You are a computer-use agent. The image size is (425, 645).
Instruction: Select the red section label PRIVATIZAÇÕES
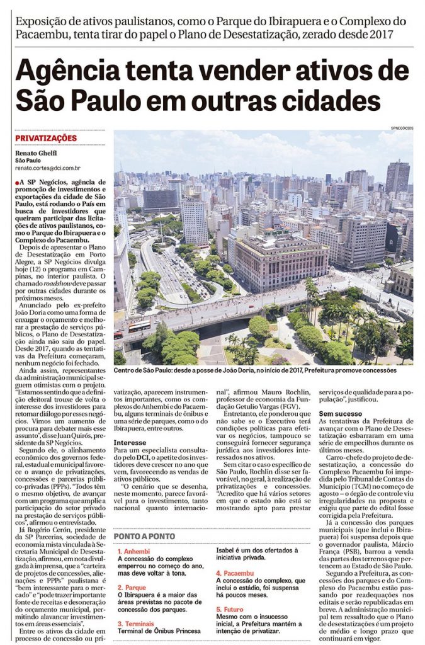[45, 139]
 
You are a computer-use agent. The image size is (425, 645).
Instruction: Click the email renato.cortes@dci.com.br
[48, 168]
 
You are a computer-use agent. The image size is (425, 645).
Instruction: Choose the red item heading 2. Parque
[131, 587]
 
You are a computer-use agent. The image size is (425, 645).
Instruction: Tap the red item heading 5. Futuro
[231, 610]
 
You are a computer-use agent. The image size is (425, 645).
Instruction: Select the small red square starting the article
[19, 181]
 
